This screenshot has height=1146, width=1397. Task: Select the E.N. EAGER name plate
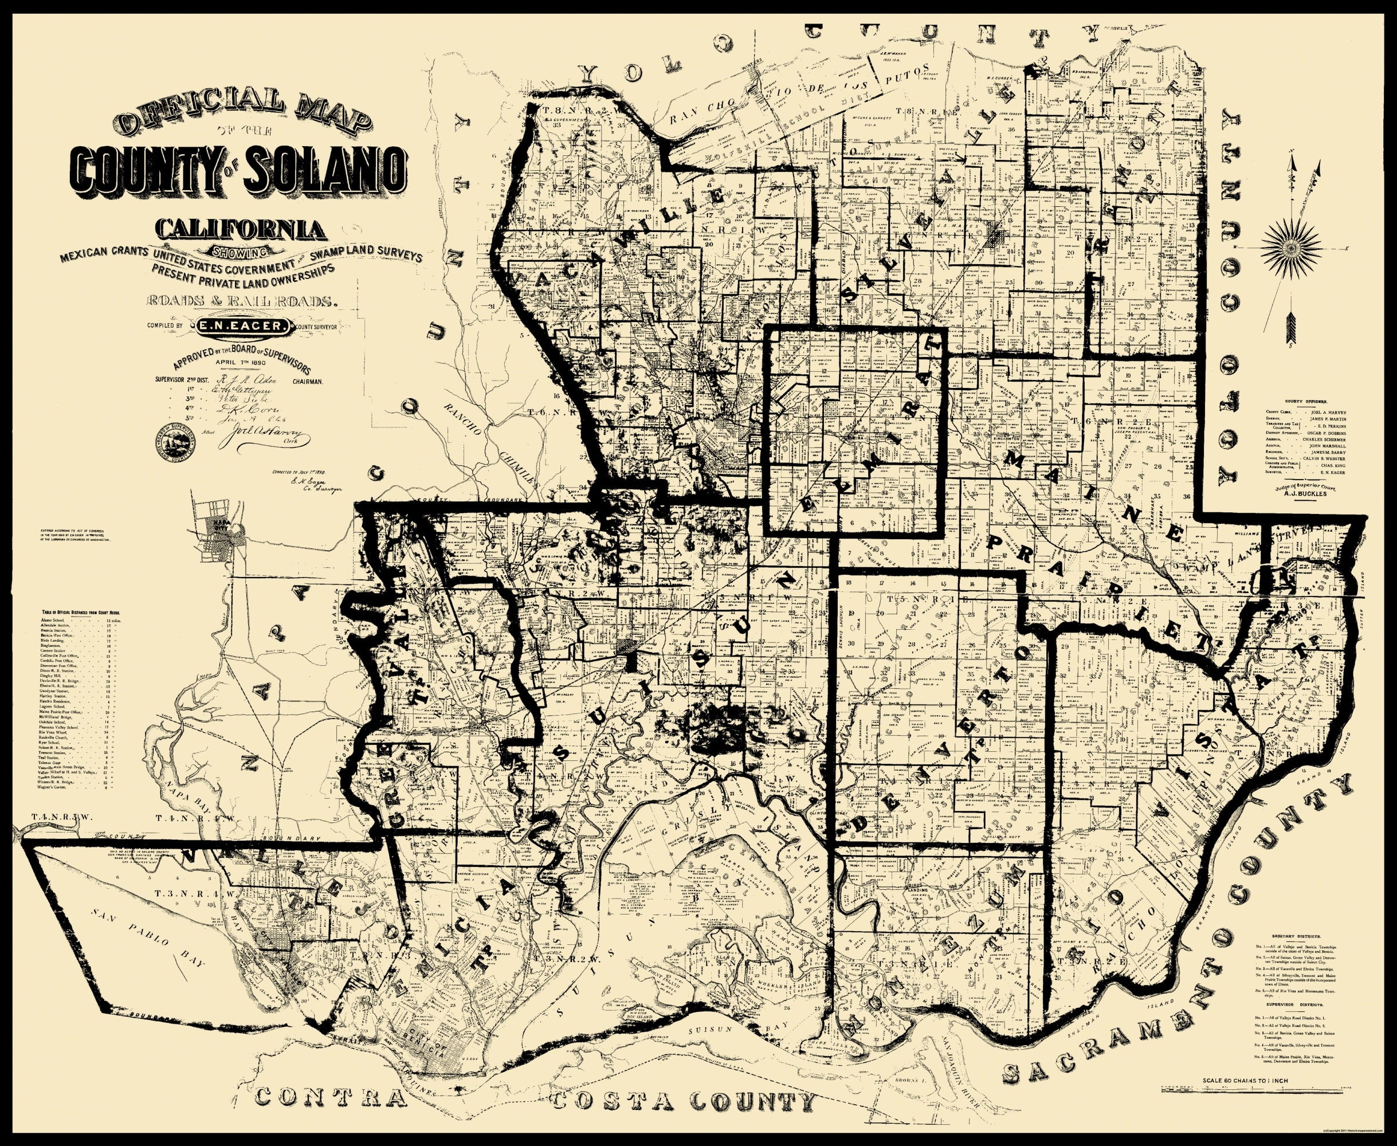[241, 325]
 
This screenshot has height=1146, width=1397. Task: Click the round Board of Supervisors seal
[176, 438]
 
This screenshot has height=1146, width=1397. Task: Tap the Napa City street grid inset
[218, 535]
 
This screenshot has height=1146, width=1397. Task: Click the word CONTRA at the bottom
[330, 1098]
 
